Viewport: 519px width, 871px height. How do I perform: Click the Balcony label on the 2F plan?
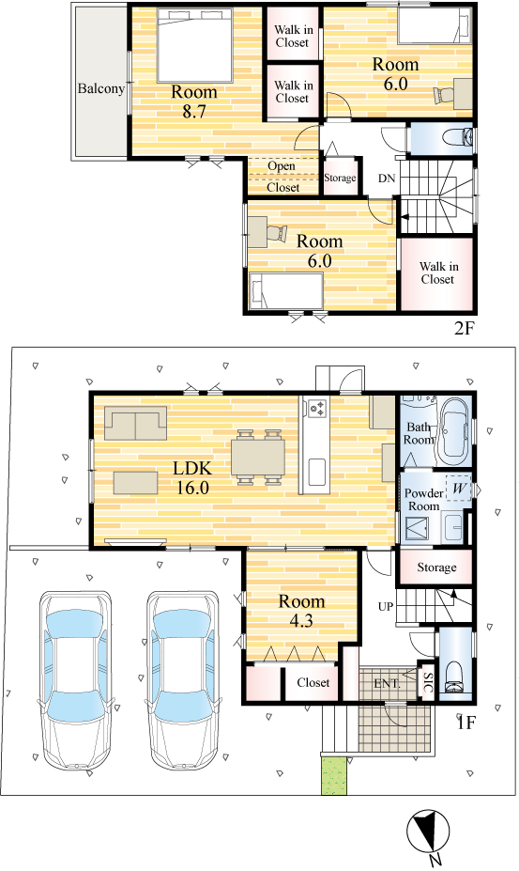(100, 88)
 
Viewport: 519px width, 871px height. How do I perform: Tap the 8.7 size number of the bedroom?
(194, 111)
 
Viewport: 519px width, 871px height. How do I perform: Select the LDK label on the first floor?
(192, 468)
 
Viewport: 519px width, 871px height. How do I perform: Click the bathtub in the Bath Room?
(454, 431)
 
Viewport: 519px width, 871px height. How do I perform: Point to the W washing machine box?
(458, 490)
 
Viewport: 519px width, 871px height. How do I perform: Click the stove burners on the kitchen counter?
(317, 409)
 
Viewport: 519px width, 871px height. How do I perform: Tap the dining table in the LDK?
(258, 457)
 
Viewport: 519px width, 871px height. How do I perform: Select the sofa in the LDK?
(135, 423)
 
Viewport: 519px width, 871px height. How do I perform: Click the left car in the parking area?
(75, 681)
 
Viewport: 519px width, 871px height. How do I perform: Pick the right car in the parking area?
(183, 681)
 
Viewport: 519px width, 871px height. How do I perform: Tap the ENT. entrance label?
(387, 684)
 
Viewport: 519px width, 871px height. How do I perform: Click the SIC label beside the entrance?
(427, 681)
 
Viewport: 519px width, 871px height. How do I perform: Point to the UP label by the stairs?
(386, 606)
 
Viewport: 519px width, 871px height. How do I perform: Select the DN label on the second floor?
(387, 179)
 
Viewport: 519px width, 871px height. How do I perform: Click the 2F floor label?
(465, 328)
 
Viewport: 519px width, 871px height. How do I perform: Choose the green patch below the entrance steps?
(334, 775)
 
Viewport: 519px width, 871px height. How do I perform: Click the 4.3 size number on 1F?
(301, 620)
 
